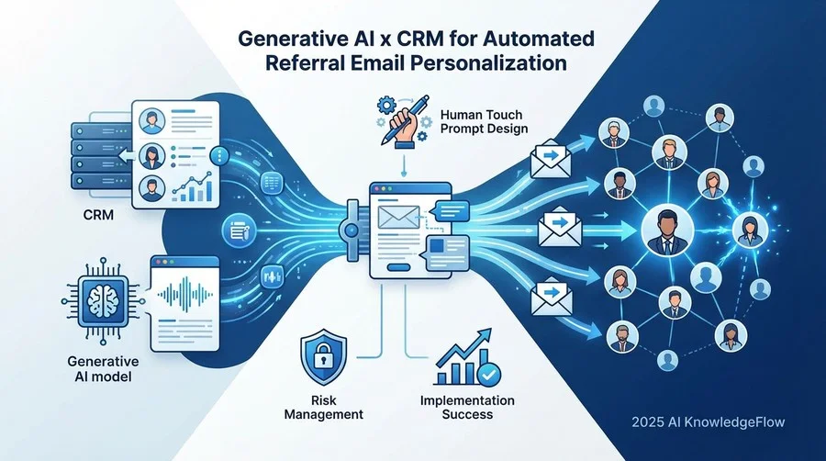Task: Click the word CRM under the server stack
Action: tap(98, 215)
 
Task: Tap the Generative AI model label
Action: tap(103, 369)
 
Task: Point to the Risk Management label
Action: tap(323, 407)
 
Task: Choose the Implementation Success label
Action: tap(467, 407)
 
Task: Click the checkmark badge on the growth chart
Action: tap(488, 374)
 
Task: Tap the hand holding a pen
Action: tap(403, 121)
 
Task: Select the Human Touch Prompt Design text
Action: tap(484, 122)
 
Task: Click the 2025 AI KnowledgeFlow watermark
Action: tap(709, 422)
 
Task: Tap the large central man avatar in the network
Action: tap(666, 230)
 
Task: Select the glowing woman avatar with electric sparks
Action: tap(749, 230)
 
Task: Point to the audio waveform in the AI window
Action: tap(185, 293)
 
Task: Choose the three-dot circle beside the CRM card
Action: tap(219, 155)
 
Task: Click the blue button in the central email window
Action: tap(398, 267)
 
